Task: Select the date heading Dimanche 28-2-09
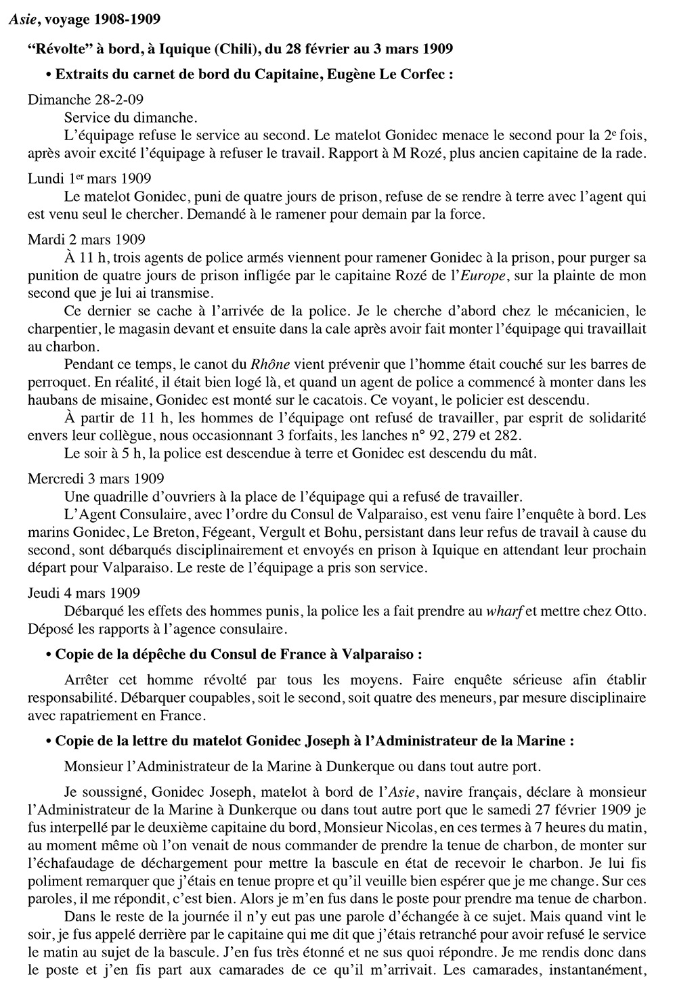pos(85,100)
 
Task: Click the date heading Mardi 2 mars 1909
pos(86,240)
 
